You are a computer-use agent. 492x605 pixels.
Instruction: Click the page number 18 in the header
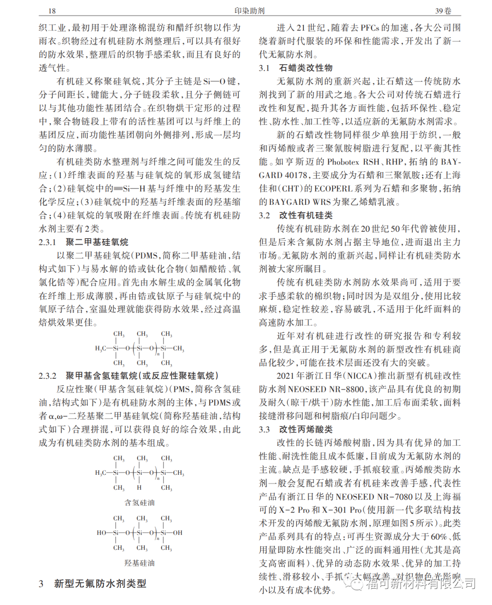pos(52,11)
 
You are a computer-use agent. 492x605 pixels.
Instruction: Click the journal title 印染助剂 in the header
pos(249,11)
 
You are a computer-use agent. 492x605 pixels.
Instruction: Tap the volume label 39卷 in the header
pos(443,11)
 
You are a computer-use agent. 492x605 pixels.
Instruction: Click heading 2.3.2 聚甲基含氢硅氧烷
pos(128,376)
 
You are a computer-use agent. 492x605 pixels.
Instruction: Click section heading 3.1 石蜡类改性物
pos(296,68)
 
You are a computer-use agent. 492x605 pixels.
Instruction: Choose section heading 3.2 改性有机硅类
pos(296,215)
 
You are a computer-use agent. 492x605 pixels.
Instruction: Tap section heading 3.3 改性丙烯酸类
pos(296,429)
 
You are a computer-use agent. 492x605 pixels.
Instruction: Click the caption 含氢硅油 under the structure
pos(139,503)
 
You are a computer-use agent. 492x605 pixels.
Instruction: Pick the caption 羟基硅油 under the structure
pos(139,563)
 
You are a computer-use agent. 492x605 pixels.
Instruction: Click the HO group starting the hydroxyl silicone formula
pos(101,533)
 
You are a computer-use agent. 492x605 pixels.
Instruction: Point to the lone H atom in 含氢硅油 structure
pos(139,488)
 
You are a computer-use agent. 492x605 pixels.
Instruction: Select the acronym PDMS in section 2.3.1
pos(146,256)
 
